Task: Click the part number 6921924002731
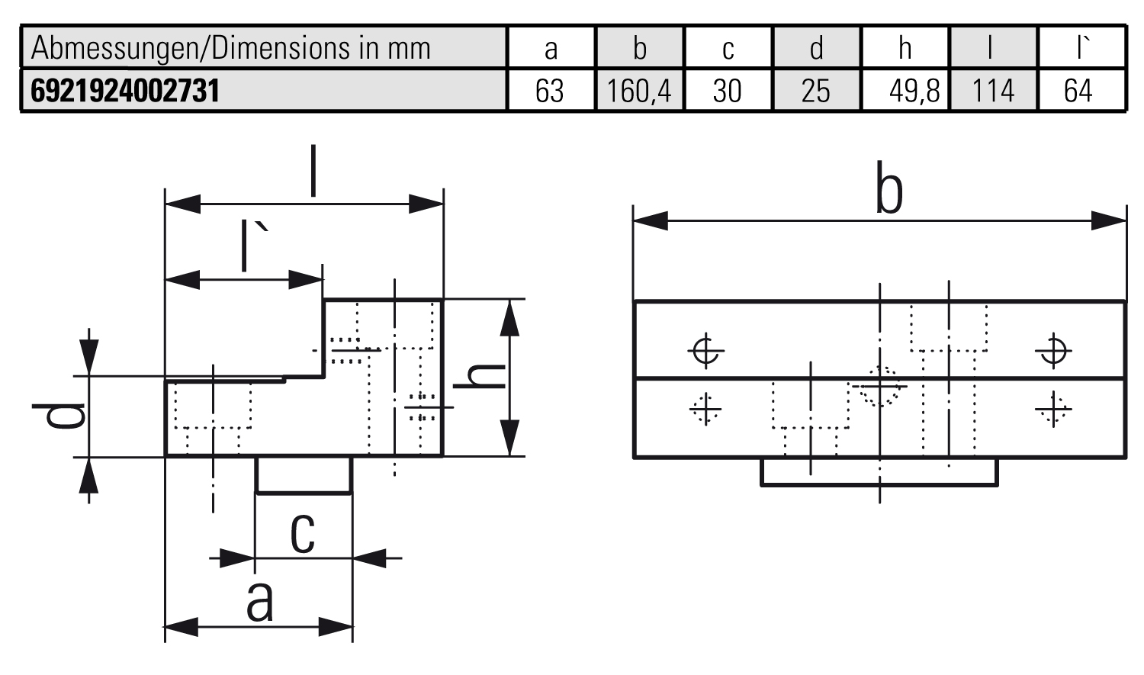[x=125, y=91]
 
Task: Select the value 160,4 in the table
[x=639, y=91]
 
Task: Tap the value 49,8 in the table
[x=914, y=91]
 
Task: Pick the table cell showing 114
[x=993, y=91]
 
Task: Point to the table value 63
[x=549, y=91]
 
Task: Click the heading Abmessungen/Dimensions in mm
[x=231, y=48]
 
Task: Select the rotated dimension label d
[x=58, y=416]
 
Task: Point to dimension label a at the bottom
[x=260, y=602]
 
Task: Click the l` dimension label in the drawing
[x=254, y=245]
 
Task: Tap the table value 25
[x=815, y=91]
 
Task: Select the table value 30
[x=727, y=91]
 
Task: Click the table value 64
[x=1078, y=91]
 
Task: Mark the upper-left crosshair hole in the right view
[x=706, y=351]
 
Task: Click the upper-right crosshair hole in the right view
[x=1053, y=351]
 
